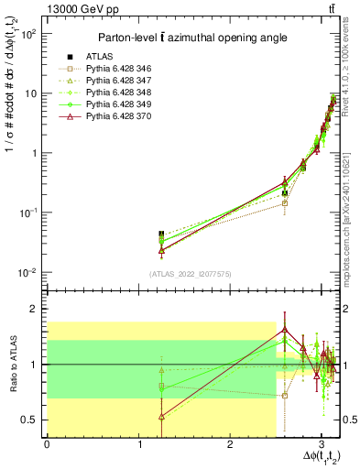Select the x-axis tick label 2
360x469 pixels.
pos(230,445)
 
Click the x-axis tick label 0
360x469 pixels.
pos(47,445)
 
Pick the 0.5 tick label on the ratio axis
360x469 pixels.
pos(28,420)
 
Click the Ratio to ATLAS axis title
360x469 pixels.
pos(12,365)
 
